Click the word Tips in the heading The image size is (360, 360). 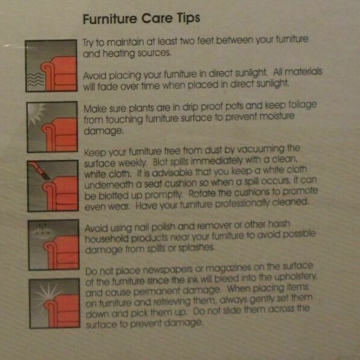188,18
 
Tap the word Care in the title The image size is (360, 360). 157,18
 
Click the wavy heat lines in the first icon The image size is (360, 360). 35,79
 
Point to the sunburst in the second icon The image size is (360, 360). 37,113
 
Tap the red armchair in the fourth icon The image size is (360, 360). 62,252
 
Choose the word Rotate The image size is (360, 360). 202,193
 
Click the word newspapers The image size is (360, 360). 168,270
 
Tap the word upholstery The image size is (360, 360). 296,278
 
